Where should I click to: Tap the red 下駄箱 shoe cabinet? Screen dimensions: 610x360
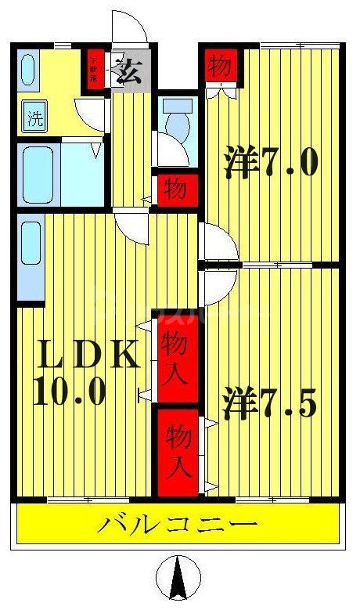[x=95, y=70]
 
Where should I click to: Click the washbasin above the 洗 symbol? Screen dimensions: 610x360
[x=28, y=70]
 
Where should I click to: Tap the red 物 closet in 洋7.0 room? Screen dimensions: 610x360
[x=221, y=67]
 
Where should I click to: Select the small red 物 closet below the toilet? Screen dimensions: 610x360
[x=175, y=188]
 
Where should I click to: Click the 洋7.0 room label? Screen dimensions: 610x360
[x=271, y=163]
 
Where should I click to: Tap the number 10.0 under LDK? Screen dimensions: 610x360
[x=70, y=392]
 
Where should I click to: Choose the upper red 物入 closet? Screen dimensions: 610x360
[x=175, y=356]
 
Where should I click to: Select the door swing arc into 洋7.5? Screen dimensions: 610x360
[x=218, y=286]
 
